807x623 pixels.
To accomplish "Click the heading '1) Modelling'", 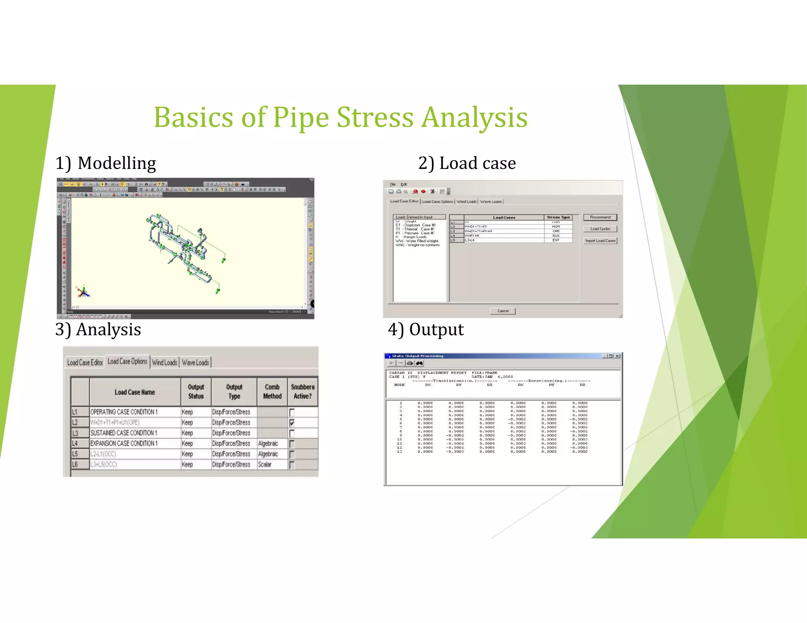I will tap(106, 163).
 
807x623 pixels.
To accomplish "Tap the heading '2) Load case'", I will tap(467, 163).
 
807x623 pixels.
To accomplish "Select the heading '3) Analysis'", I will tap(98, 329).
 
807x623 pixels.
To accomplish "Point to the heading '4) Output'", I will tap(426, 329).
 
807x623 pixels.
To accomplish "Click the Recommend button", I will tap(600, 217).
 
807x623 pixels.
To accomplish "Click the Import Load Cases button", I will tap(600, 241).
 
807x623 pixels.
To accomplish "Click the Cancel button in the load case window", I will tap(503, 311).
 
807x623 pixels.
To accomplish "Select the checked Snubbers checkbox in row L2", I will tap(292, 423).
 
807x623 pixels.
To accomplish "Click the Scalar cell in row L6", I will tap(265, 465).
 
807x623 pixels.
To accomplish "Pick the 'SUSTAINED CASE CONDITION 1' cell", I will tap(124, 433).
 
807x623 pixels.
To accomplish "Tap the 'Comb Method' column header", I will tap(272, 392).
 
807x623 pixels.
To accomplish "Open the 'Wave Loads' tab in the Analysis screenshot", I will tap(195, 362).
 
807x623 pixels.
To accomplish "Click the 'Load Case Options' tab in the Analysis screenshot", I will tap(127, 362).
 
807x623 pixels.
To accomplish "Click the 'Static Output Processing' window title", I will tap(417, 356).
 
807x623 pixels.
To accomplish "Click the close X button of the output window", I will tap(617, 356).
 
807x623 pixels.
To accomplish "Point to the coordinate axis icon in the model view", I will tap(84, 292).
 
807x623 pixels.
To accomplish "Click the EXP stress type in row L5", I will tap(556, 240).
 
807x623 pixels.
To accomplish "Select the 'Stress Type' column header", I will tap(558, 217).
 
